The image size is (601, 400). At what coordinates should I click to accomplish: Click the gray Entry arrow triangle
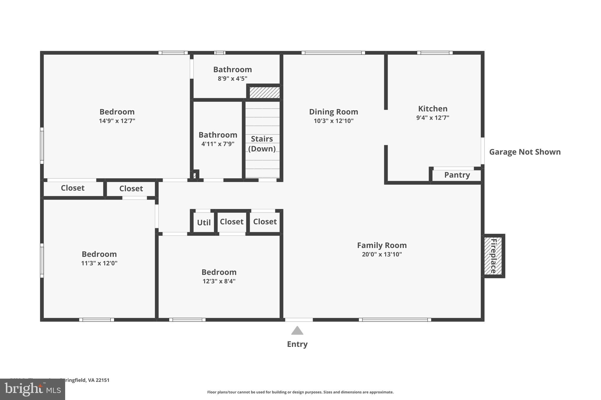pos(297,331)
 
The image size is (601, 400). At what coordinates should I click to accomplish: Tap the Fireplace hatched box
pos(493,256)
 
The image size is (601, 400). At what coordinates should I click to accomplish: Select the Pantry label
pos(457,175)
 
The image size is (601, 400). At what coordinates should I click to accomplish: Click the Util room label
pos(204,223)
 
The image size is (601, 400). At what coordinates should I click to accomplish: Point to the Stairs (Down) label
pos(262,144)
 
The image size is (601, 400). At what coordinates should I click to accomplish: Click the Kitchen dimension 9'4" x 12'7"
pos(433,118)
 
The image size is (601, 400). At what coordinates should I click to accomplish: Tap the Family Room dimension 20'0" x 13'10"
pos(381,254)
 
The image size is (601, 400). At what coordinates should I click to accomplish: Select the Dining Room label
pos(333,112)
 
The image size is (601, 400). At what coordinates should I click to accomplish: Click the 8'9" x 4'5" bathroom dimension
pos(232,79)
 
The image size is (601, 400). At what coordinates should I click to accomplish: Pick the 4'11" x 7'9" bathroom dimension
pos(218,144)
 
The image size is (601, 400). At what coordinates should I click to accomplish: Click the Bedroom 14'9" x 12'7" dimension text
pos(117,121)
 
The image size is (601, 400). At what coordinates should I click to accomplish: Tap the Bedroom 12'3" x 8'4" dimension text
pos(219,281)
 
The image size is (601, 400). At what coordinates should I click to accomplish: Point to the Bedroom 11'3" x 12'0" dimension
pos(99,263)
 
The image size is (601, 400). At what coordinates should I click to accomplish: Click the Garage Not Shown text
pos(525,152)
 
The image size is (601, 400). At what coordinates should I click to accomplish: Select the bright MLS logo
pos(33,389)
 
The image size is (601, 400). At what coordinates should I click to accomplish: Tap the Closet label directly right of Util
pos(232,222)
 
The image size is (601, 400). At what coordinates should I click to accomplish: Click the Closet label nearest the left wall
pos(72,188)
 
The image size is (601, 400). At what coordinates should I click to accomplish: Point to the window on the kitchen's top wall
pos(435,53)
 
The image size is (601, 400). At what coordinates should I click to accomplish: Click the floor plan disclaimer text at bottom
pos(300,392)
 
